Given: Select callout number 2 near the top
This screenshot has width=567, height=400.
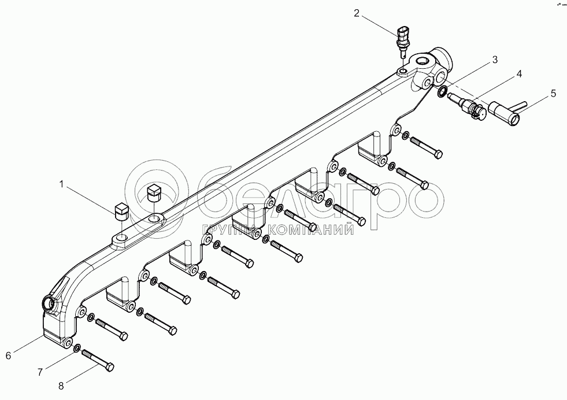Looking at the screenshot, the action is pos(357,12).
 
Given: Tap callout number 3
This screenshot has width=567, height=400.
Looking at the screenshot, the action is pos(495,60).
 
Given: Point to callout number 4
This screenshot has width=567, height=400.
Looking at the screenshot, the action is pos(519,74).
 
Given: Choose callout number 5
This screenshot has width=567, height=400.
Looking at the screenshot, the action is pos(553,92).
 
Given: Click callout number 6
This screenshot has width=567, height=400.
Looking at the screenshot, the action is pos(8,355).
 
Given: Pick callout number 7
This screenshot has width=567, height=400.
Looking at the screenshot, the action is pos(40,372).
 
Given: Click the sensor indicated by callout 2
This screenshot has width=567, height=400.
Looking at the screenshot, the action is pos(402,38).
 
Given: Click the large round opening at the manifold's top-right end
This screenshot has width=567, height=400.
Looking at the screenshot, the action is pos(420,60).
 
